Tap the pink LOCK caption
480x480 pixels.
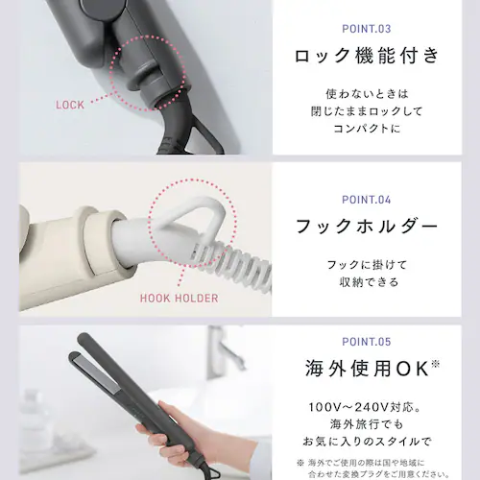pos(71,105)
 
